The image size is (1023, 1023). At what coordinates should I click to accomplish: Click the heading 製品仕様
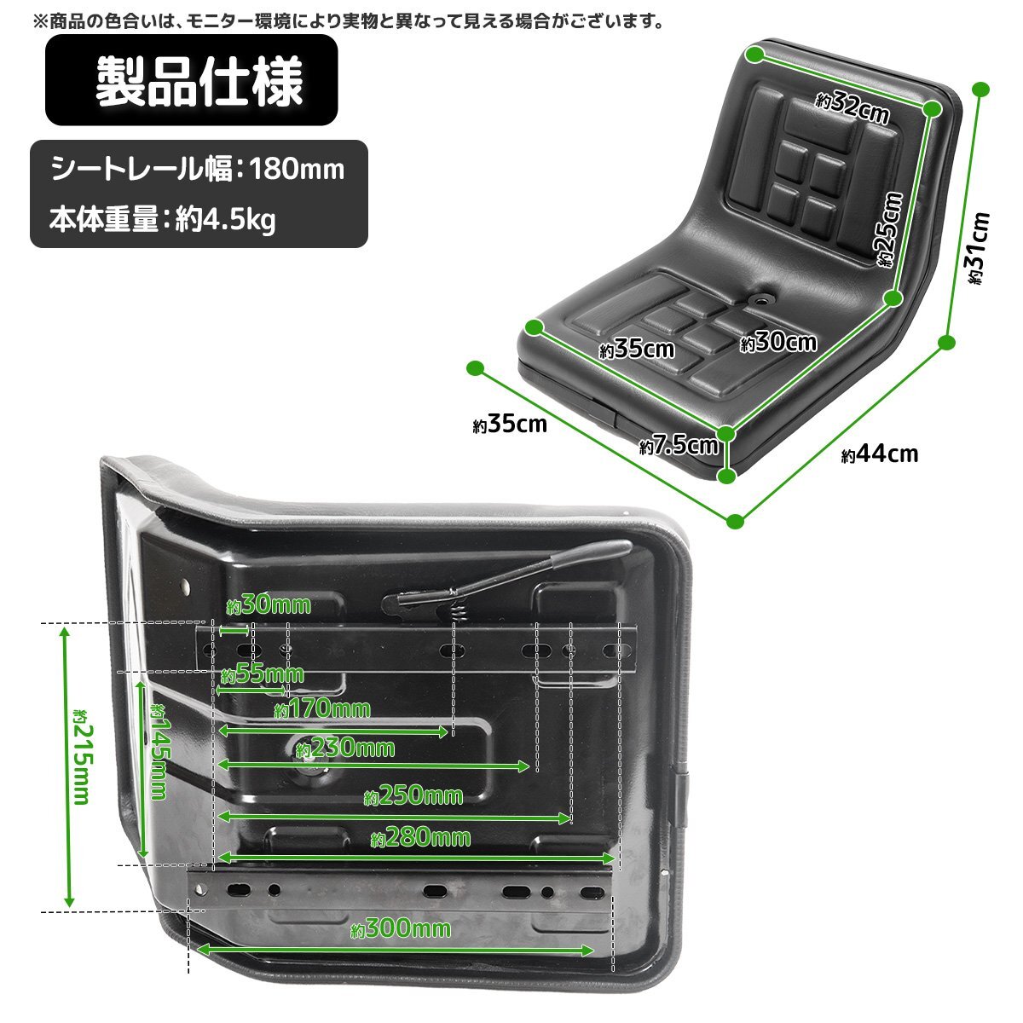tap(199, 81)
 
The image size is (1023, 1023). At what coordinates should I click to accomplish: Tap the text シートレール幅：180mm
tap(198, 170)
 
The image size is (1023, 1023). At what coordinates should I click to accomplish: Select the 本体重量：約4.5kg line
tap(163, 219)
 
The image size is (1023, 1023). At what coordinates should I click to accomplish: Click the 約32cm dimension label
tap(852, 107)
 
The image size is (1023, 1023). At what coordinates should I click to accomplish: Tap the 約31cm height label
tap(977, 248)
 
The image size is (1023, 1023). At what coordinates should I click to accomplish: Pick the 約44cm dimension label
tap(879, 454)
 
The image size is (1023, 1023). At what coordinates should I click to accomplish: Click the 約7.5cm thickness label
tap(679, 445)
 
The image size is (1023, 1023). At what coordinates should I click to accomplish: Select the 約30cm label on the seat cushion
tap(778, 343)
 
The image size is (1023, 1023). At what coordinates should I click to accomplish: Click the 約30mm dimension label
tap(269, 605)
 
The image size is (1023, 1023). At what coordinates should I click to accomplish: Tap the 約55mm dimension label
tap(263, 674)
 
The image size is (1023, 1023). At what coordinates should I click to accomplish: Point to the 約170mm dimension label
tap(322, 709)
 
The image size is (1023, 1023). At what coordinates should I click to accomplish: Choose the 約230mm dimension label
tap(345, 748)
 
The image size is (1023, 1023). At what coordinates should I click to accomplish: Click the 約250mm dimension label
tap(413, 795)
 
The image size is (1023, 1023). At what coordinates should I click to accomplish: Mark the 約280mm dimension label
tap(420, 838)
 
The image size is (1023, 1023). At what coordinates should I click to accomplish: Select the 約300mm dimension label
tap(401, 928)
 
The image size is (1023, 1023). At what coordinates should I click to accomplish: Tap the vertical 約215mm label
tap(83, 758)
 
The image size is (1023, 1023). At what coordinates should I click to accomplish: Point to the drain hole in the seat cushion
tap(763, 300)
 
